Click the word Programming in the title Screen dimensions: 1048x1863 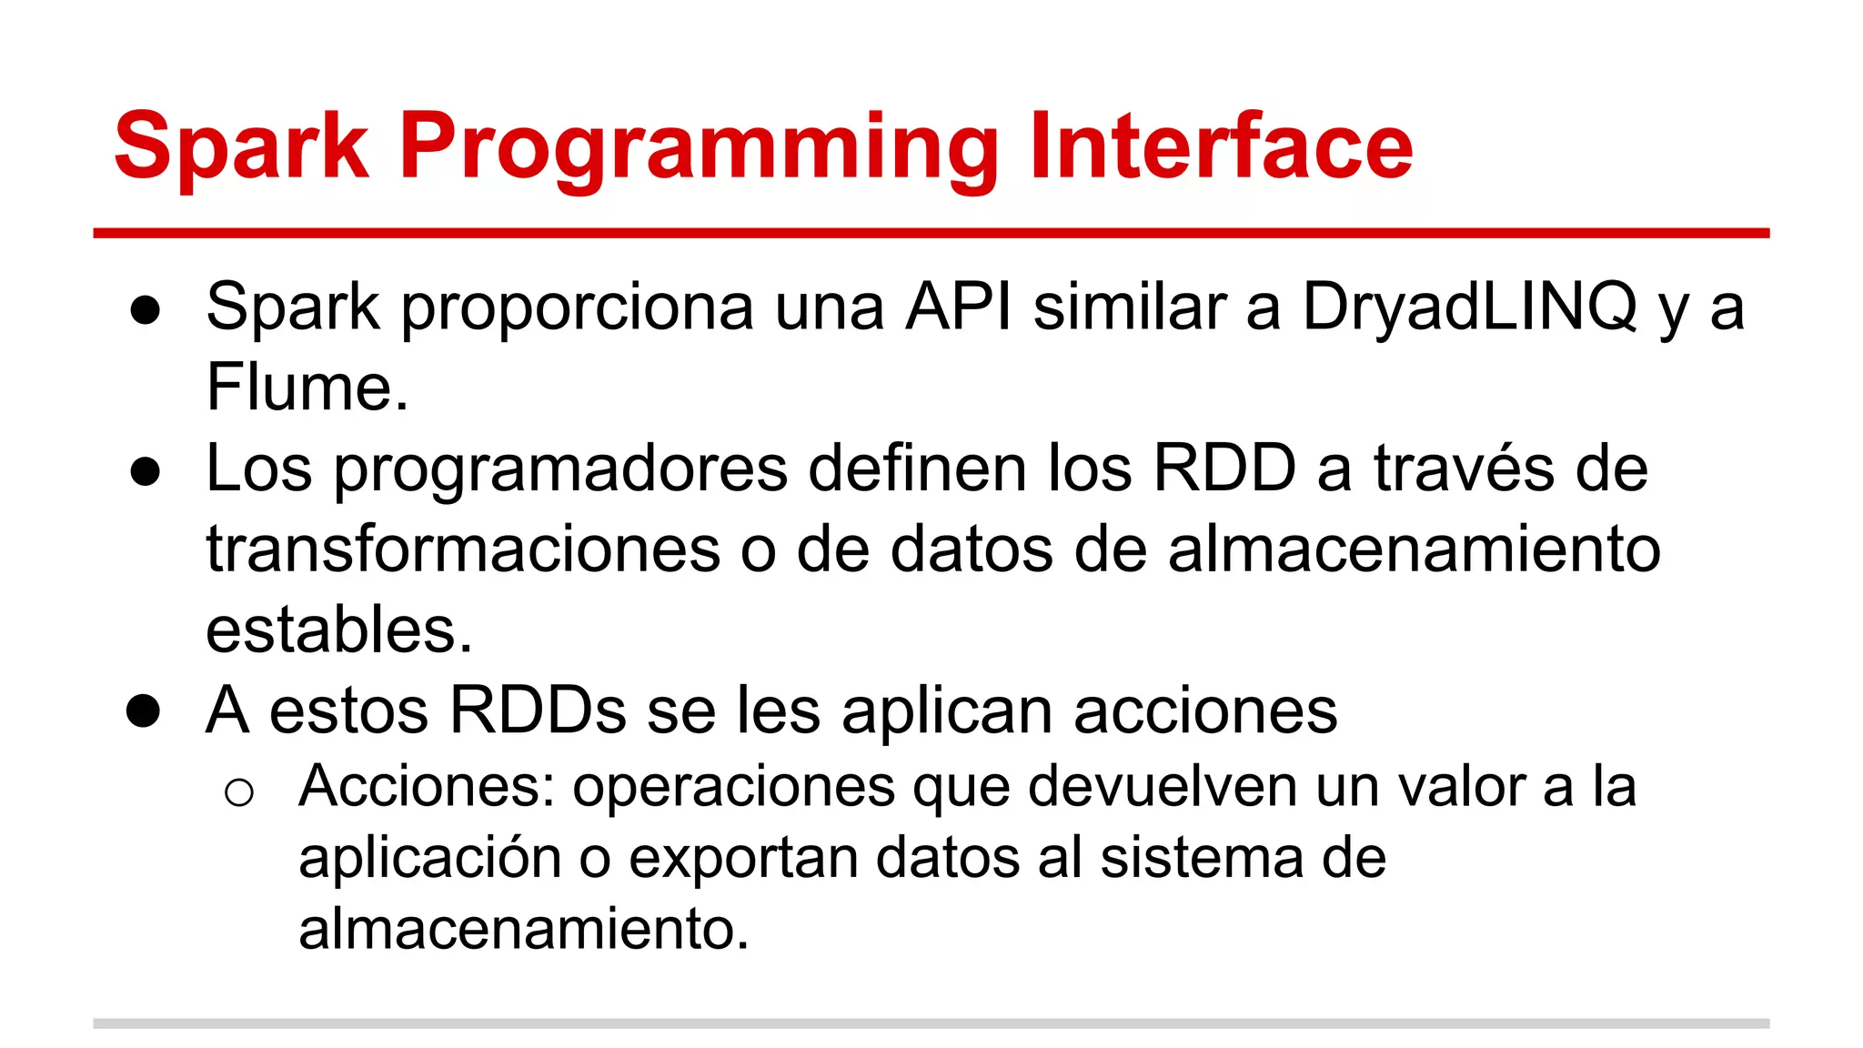[x=698, y=147]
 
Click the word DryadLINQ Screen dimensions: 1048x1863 [x=1469, y=307]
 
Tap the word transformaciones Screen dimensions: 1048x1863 [x=463, y=550]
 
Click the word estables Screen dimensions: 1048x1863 [x=338, y=630]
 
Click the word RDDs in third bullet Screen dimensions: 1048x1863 [x=538, y=710]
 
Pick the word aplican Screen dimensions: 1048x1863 [x=947, y=712]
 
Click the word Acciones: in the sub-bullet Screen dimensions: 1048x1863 [x=427, y=787]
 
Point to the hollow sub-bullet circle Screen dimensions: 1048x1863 [x=238, y=793]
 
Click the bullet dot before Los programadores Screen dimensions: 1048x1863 [x=146, y=472]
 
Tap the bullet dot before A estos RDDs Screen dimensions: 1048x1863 [x=144, y=711]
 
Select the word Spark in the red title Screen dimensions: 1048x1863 [x=241, y=147]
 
